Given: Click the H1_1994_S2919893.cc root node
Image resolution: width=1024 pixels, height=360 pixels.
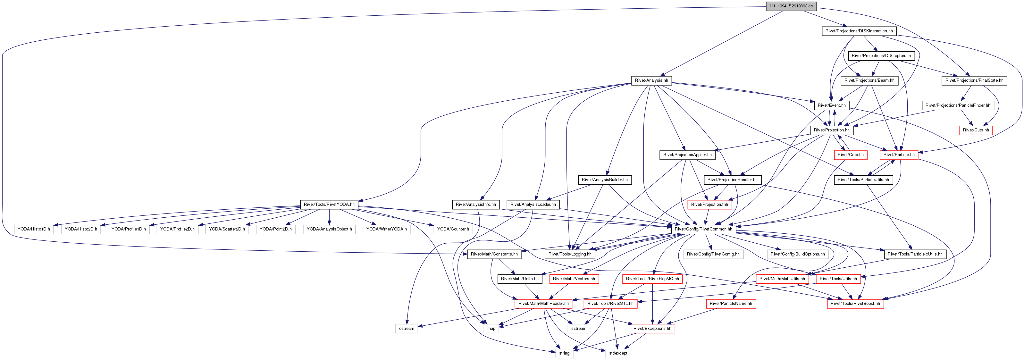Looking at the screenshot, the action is coord(791,6).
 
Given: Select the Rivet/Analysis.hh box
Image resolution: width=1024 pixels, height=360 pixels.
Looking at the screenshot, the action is coord(651,80).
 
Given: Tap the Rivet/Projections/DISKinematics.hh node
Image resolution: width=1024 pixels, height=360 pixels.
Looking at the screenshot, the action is coord(859,31).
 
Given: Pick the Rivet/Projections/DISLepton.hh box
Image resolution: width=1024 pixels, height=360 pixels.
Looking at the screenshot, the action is coord(881,56).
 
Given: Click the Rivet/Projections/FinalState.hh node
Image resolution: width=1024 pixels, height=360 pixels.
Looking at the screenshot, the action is coord(974,80).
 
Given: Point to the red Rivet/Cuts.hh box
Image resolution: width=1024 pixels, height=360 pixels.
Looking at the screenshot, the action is coord(976,130).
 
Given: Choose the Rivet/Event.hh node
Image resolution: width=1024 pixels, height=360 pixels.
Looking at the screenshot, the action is coord(832,105).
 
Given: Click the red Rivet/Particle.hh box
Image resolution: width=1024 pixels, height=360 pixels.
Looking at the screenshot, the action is coord(899,155).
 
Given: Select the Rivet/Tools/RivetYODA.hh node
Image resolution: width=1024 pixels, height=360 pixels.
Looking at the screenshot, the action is coord(329,204).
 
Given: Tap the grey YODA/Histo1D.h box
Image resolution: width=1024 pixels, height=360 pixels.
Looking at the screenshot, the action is coord(34,229).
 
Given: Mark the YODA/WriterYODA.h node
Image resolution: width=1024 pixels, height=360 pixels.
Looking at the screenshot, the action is coord(386,229).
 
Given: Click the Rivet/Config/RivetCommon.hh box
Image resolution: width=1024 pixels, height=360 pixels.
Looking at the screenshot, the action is coord(703,229).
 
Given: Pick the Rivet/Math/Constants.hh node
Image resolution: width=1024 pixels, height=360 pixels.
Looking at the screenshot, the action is coord(494,254).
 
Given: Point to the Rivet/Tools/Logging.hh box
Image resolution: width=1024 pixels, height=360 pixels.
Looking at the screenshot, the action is coord(570,254).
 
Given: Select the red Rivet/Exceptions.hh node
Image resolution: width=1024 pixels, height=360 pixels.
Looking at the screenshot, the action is coord(652,329).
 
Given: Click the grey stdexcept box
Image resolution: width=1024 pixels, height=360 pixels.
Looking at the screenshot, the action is coord(618,353).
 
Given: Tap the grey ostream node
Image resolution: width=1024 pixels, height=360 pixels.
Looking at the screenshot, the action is coord(407,329).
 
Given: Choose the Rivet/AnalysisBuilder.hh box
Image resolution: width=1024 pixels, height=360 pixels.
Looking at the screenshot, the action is coord(605,180).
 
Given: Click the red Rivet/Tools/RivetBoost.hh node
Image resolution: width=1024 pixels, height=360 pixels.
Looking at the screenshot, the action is coord(855,304).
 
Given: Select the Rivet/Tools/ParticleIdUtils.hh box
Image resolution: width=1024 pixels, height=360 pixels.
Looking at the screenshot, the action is coord(915,254).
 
